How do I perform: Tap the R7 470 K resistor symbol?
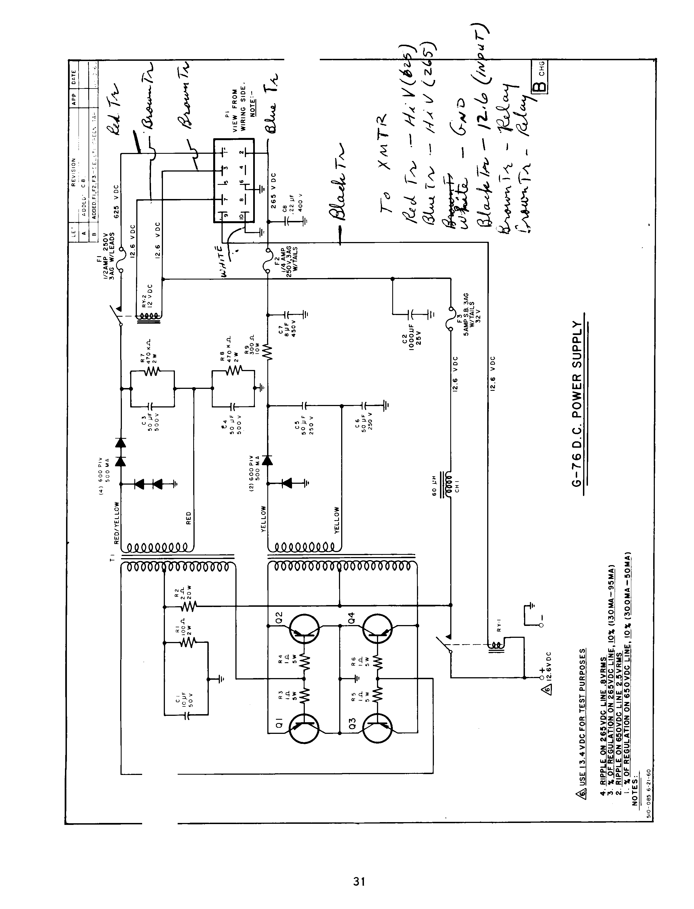[x=152, y=371]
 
